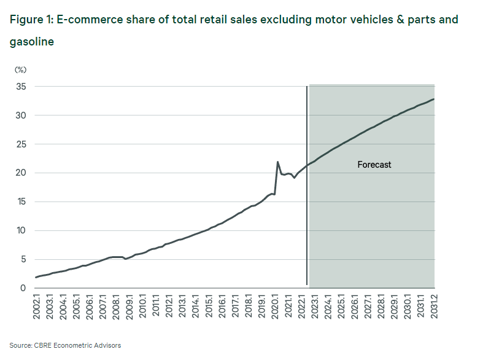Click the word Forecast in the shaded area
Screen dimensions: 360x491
[374, 165]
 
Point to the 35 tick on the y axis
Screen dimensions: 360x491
[20, 87]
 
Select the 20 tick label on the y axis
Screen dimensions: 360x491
[20, 173]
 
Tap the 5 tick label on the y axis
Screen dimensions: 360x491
[23, 259]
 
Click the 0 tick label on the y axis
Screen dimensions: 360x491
[23, 288]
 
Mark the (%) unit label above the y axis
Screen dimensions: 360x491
[20, 70]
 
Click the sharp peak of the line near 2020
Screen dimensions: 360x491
[278, 162]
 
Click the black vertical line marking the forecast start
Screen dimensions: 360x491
[307, 184]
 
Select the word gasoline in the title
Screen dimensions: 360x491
[31, 42]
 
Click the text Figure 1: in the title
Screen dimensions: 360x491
[30, 20]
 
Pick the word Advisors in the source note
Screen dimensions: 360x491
[107, 345]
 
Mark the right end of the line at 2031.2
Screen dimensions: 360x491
[434, 99]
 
